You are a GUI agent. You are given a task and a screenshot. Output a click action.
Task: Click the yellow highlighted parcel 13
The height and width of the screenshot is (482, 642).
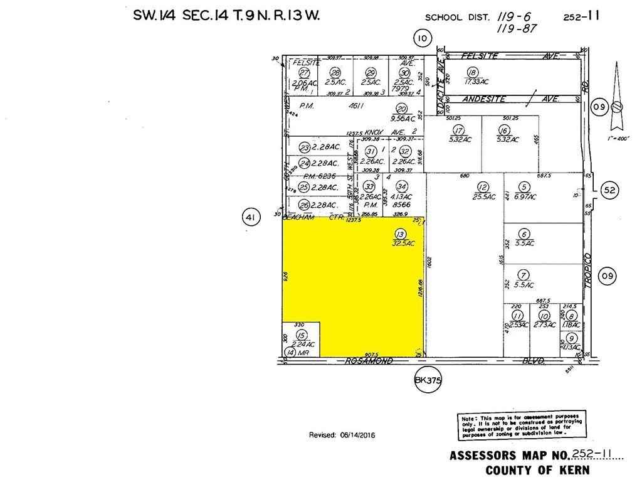pos(357,282)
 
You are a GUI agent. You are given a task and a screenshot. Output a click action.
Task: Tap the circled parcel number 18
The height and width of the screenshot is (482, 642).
pos(473,72)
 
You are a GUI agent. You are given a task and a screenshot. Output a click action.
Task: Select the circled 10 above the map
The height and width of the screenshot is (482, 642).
pos(423,39)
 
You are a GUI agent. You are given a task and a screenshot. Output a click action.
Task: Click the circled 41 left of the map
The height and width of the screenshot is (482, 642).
pos(251,218)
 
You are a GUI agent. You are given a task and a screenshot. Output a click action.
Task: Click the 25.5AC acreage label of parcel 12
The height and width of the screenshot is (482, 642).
pos(483,196)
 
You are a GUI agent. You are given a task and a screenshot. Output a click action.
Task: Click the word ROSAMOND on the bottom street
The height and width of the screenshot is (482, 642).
pos(369,361)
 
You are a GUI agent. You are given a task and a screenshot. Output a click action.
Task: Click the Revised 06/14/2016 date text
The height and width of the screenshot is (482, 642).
pos(342,435)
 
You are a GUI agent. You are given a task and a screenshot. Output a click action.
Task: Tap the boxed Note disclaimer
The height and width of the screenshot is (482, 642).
pos(520,426)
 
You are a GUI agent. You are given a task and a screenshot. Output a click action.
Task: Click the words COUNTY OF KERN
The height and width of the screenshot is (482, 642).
pos(537,470)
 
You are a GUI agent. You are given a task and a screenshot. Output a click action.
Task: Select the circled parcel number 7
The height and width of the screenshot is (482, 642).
pos(524,274)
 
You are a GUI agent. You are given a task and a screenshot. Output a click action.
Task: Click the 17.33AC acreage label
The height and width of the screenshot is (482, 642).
pos(476,82)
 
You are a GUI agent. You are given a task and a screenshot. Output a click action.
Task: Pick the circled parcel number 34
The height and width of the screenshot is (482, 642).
pos(402,187)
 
